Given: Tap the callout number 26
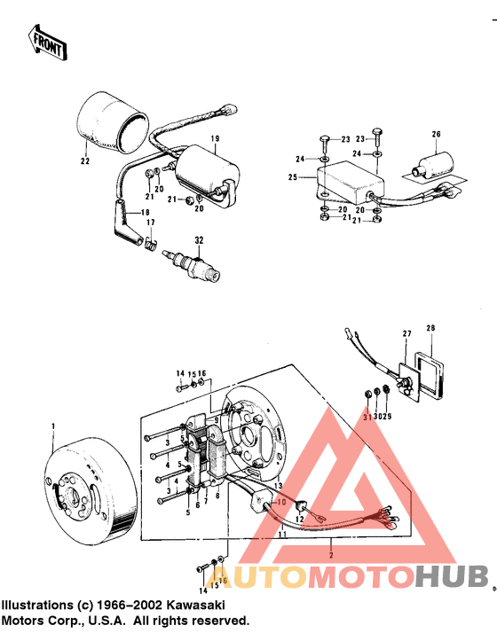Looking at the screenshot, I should pos(436,134).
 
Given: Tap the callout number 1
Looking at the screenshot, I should pos(53,428).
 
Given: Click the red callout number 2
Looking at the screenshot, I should pos(330,552).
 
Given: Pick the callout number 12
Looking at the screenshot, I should pos(300,519).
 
